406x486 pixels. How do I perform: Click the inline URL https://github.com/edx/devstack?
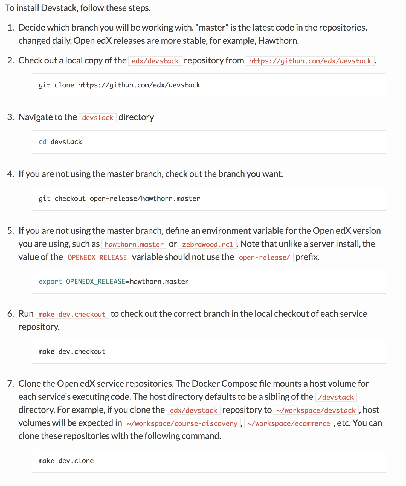pyautogui.click(x=310, y=61)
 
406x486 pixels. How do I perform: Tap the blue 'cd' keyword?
pyautogui.click(x=42, y=142)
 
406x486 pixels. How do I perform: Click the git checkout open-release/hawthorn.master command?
pyautogui.click(x=119, y=199)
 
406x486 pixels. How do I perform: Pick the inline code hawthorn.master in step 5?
pyautogui.click(x=134, y=244)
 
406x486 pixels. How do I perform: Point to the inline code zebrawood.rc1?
pyautogui.click(x=208, y=244)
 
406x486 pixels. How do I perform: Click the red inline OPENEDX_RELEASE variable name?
pyautogui.click(x=97, y=257)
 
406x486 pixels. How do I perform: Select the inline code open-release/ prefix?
pyautogui.click(x=264, y=257)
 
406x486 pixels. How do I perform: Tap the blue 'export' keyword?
pyautogui.click(x=50, y=282)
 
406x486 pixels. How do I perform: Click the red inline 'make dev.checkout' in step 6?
pyautogui.click(x=72, y=314)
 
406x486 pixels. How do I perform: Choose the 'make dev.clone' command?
pyautogui.click(x=66, y=461)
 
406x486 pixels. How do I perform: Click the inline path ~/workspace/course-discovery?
pyautogui.click(x=182, y=423)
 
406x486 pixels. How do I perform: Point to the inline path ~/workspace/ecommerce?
pyautogui.click(x=289, y=423)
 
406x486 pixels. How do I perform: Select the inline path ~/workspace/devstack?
pyautogui.click(x=316, y=410)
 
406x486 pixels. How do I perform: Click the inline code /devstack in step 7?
pyautogui.click(x=336, y=397)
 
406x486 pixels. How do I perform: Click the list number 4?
pyautogui.click(x=10, y=174)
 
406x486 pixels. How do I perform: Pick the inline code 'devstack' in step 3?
pyautogui.click(x=98, y=118)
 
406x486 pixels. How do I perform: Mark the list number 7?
pyautogui.click(x=10, y=384)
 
